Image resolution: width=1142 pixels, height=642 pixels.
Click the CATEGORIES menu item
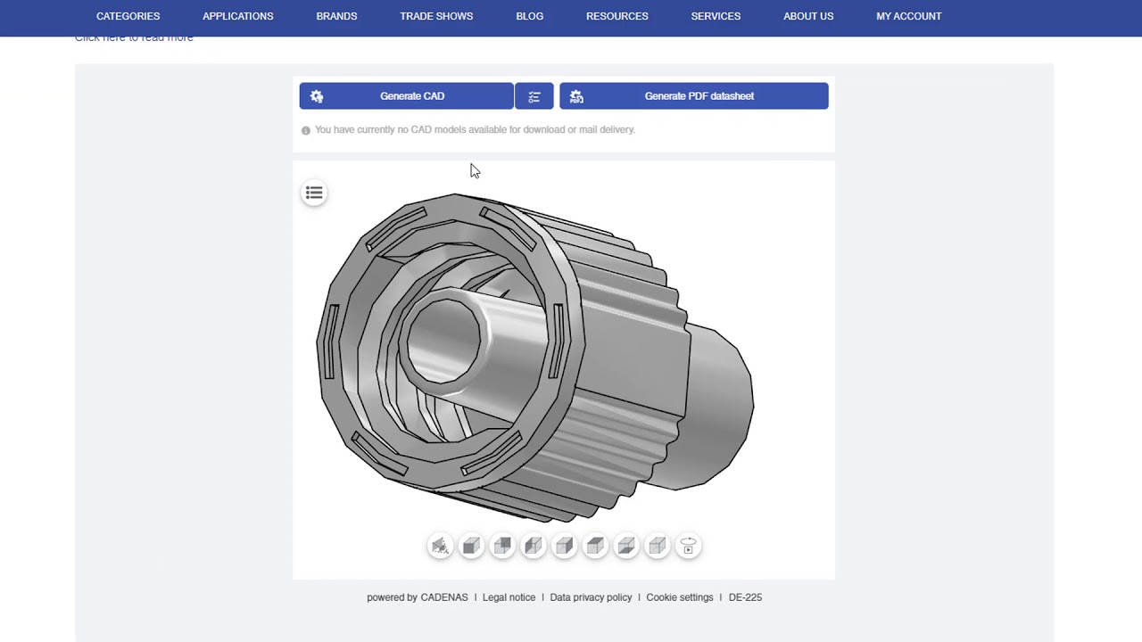(128, 16)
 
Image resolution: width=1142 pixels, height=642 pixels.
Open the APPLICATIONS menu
(237, 16)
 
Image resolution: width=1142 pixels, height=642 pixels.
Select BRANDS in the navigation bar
(336, 16)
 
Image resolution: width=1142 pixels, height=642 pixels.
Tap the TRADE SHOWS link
(436, 16)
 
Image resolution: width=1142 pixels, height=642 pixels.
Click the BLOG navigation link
(529, 16)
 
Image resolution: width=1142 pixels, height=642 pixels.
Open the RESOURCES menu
(617, 16)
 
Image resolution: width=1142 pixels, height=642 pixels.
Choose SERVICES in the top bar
(716, 16)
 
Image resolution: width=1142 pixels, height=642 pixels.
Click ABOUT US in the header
(807, 16)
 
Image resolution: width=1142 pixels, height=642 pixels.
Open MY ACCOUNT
(908, 16)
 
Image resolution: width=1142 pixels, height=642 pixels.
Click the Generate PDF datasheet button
(693, 96)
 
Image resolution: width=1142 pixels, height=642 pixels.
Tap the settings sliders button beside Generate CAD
(534, 96)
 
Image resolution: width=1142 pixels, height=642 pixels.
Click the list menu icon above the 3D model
(314, 193)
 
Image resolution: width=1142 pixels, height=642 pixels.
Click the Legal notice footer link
(509, 597)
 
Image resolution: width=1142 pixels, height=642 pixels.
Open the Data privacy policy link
(591, 597)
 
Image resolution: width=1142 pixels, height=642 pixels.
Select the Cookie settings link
(679, 597)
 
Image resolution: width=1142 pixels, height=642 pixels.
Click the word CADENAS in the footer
(443, 597)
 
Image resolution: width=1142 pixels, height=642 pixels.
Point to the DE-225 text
(745, 597)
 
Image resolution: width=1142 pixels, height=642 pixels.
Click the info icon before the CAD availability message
(306, 130)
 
